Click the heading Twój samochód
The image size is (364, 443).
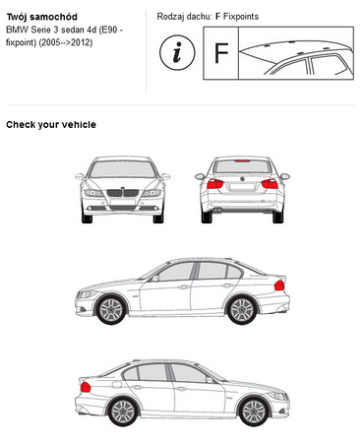(x=44, y=17)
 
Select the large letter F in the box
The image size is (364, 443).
(x=221, y=53)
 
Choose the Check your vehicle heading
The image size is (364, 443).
(x=51, y=124)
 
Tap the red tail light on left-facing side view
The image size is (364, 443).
(x=279, y=285)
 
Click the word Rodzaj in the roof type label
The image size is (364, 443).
(x=173, y=17)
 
